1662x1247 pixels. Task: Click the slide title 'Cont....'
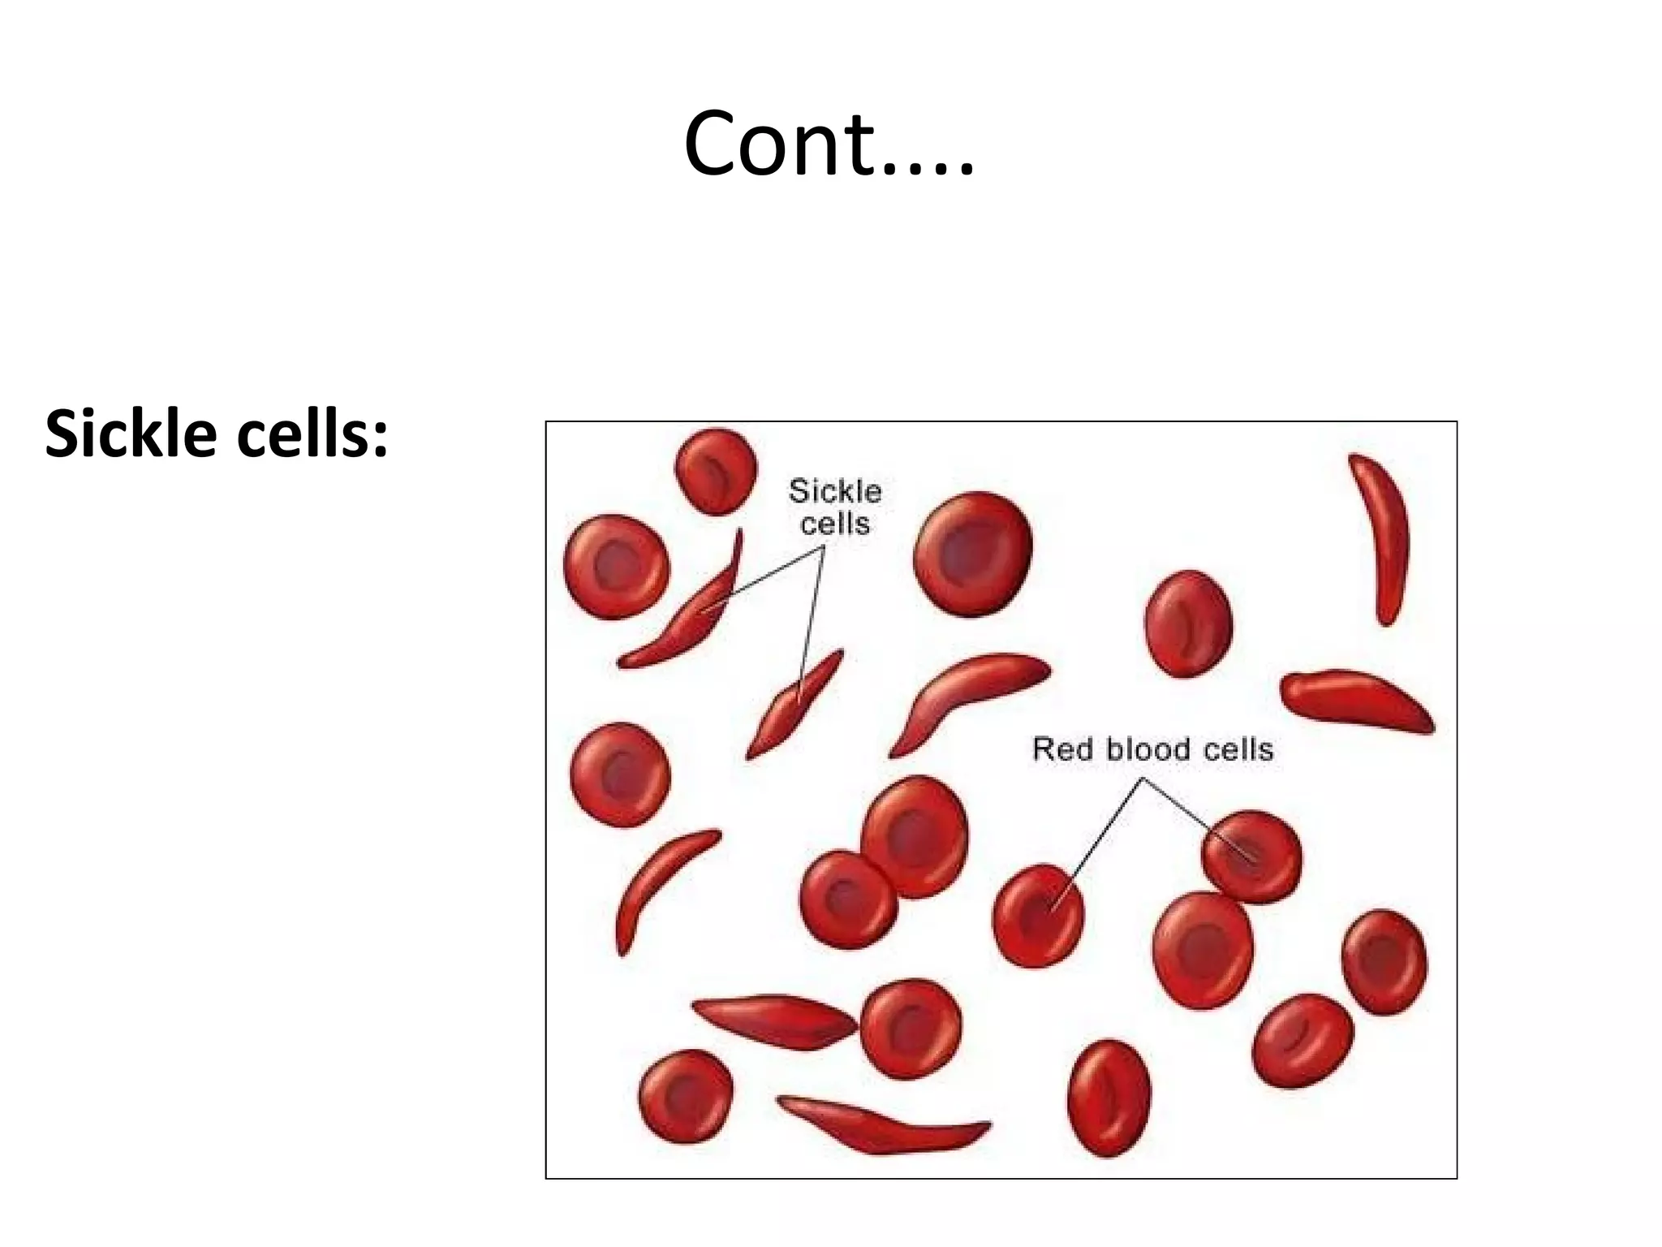829,145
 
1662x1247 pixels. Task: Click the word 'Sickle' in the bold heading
129,434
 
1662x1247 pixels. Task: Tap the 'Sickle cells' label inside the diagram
834,507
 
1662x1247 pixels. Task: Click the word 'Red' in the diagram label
1062,749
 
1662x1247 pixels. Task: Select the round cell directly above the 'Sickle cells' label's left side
716,472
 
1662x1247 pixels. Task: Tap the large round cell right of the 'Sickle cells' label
973,554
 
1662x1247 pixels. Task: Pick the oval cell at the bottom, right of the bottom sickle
1109,1098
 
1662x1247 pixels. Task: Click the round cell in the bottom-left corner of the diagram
686,1095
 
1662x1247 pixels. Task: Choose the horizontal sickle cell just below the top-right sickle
1356,700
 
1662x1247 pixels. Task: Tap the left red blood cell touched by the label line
1038,915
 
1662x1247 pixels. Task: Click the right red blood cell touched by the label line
1251,857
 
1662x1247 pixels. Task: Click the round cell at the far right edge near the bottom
1384,961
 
